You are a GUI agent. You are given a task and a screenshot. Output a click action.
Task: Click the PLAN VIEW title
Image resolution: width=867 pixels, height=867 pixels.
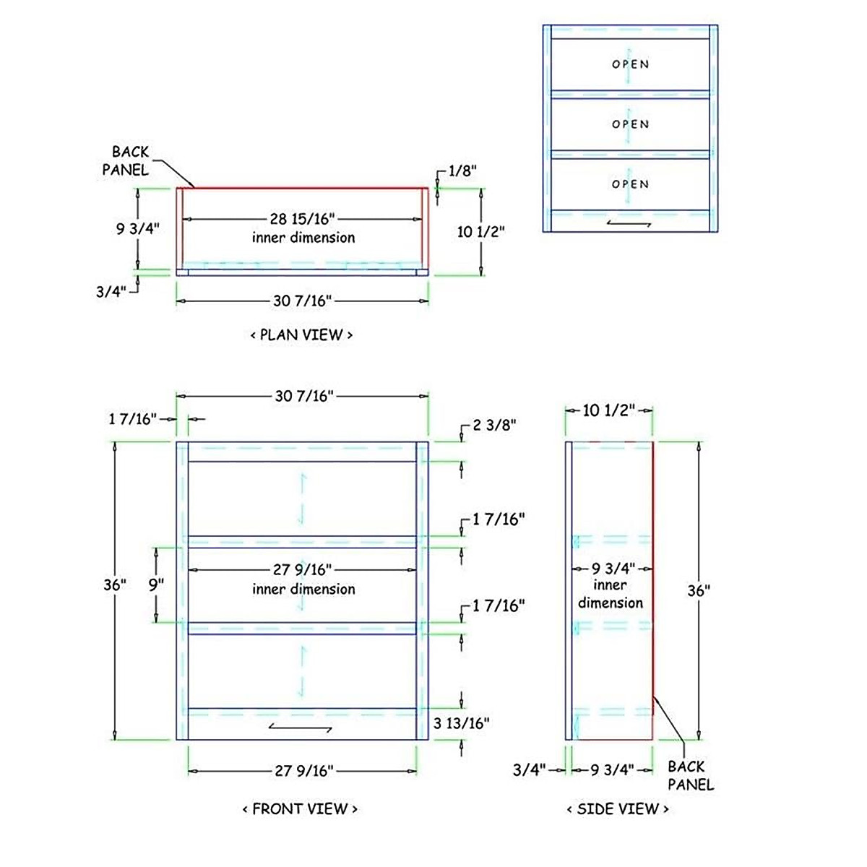301,335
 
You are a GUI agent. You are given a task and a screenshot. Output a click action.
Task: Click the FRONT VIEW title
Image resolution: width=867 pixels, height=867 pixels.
300,808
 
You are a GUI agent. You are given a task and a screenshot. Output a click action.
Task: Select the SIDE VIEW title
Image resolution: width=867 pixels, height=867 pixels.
618,808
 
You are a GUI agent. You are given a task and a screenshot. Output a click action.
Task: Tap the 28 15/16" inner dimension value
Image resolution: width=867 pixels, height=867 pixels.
303,218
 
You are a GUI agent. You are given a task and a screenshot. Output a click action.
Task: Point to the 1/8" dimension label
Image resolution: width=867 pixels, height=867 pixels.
462,171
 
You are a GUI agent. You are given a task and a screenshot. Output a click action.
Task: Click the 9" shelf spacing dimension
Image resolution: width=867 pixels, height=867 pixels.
157,584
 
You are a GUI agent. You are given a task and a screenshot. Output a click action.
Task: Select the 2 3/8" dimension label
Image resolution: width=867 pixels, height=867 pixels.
494,425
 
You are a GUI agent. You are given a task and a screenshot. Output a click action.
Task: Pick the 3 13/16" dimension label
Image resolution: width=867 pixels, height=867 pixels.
462,722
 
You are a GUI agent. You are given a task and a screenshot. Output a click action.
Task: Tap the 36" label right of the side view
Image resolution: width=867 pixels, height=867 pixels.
699,590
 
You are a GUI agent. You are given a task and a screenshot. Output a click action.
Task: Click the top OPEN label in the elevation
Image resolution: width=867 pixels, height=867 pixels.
631,64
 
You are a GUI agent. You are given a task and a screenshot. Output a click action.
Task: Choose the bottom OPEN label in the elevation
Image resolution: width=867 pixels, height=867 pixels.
631,184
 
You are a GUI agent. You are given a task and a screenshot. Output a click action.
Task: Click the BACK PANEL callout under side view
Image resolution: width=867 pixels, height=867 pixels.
690,775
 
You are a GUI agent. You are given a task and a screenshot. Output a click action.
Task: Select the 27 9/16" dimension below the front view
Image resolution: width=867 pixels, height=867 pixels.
303,771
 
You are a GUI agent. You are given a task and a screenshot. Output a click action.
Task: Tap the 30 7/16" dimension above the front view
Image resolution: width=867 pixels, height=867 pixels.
303,396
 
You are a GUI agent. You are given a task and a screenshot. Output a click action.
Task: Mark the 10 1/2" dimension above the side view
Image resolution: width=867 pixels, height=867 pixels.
608,410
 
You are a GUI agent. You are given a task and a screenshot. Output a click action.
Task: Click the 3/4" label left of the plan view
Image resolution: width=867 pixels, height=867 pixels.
111,292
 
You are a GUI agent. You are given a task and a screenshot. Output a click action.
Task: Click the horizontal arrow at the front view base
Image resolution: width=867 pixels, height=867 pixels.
300,726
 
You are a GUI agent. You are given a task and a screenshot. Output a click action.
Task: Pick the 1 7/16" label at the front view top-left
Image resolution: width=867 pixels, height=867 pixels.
133,419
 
